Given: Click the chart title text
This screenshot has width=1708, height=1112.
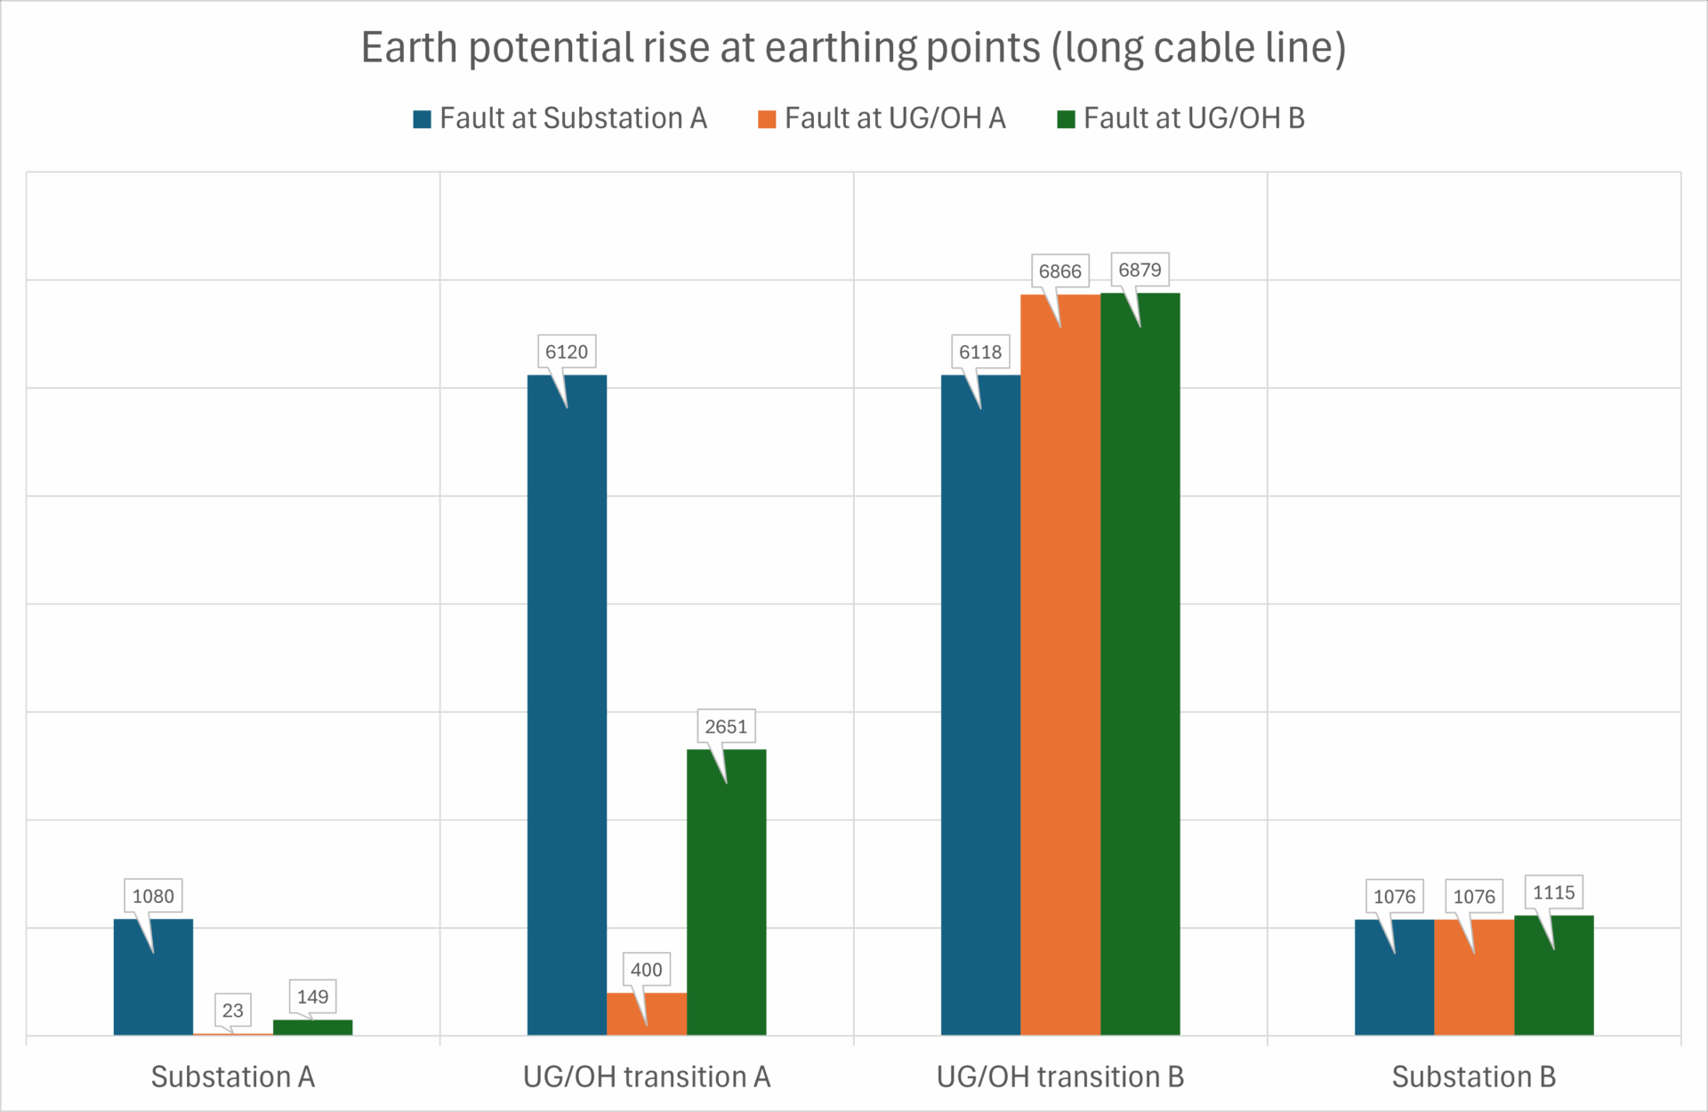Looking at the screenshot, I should coord(853,48).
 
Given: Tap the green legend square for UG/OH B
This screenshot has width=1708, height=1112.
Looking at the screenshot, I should coord(1066,119).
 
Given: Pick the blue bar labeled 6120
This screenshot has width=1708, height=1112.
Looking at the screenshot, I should coord(567,712).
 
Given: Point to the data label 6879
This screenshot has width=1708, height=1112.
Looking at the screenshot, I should coord(1140,270).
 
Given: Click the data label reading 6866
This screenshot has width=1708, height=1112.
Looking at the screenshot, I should coord(1059,271).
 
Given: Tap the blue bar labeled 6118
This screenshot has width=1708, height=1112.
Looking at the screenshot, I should coord(980,712).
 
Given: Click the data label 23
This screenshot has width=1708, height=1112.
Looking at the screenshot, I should coord(232,1011).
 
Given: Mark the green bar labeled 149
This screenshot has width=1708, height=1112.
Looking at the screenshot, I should coord(312,1027).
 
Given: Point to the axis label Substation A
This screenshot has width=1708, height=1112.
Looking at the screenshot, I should coord(232,1076).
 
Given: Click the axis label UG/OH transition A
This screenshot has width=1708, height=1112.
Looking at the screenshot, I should coord(646,1076).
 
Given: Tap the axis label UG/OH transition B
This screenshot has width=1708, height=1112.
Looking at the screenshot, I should coord(1059,1076).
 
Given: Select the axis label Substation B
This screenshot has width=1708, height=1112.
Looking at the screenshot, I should coord(1473,1076).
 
